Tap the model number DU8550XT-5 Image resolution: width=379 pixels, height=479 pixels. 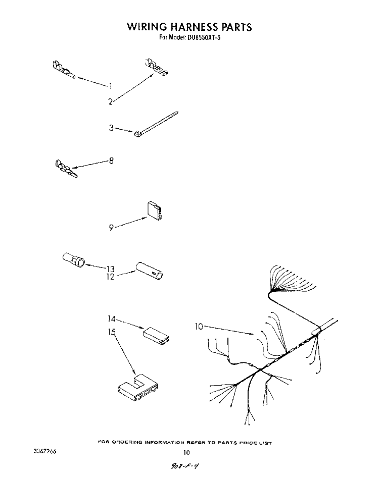(x=202, y=38)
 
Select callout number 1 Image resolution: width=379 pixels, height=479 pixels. (x=110, y=86)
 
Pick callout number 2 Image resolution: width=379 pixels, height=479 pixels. (x=111, y=102)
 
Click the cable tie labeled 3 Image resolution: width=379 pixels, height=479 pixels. (x=156, y=124)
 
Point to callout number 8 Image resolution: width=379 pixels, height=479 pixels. (x=111, y=161)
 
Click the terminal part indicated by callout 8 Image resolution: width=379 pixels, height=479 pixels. (x=66, y=168)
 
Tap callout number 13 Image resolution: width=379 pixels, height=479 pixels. (x=110, y=269)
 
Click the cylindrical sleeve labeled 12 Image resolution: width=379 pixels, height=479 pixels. (x=149, y=271)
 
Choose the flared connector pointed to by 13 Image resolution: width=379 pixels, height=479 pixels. (x=74, y=260)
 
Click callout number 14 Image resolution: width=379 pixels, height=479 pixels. (x=111, y=318)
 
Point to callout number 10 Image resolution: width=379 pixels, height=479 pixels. (x=199, y=327)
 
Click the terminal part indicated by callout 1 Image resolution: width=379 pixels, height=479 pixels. (x=64, y=70)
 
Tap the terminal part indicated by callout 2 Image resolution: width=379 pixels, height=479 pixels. (x=156, y=67)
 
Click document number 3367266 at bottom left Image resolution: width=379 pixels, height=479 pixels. (x=45, y=452)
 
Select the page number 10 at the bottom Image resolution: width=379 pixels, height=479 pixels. (x=186, y=452)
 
